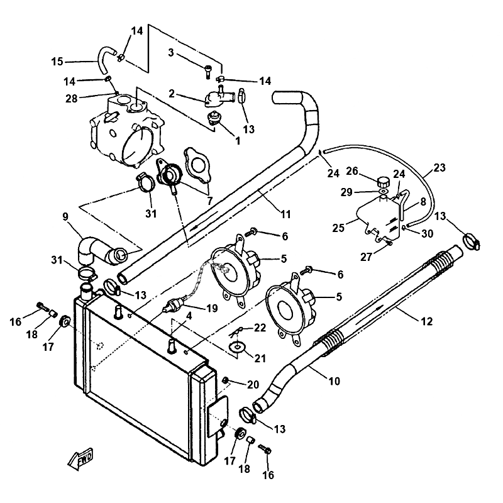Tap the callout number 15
[57, 61]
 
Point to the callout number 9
[66, 218]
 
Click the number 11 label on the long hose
[285, 214]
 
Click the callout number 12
[427, 321]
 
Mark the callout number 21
[260, 358]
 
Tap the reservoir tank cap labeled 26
[381, 182]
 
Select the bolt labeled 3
[208, 72]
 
